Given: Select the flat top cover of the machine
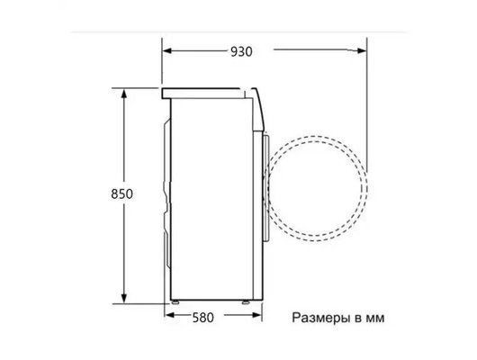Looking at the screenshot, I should click(x=207, y=91).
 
